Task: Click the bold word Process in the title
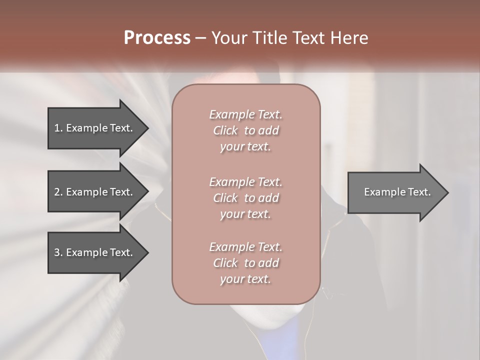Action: click(157, 38)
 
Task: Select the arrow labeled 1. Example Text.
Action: click(95, 128)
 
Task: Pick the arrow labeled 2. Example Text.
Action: click(95, 192)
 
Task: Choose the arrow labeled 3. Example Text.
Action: click(95, 252)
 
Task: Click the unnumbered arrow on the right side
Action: click(395, 192)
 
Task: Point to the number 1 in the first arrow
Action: click(57, 128)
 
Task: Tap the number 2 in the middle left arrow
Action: click(57, 192)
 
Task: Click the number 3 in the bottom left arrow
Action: click(57, 252)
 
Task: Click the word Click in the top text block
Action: click(225, 130)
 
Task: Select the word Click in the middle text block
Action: click(225, 198)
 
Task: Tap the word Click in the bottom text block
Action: click(225, 263)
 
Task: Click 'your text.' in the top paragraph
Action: click(245, 147)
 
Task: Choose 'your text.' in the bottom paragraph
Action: click(245, 279)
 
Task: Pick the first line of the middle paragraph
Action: click(245, 182)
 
